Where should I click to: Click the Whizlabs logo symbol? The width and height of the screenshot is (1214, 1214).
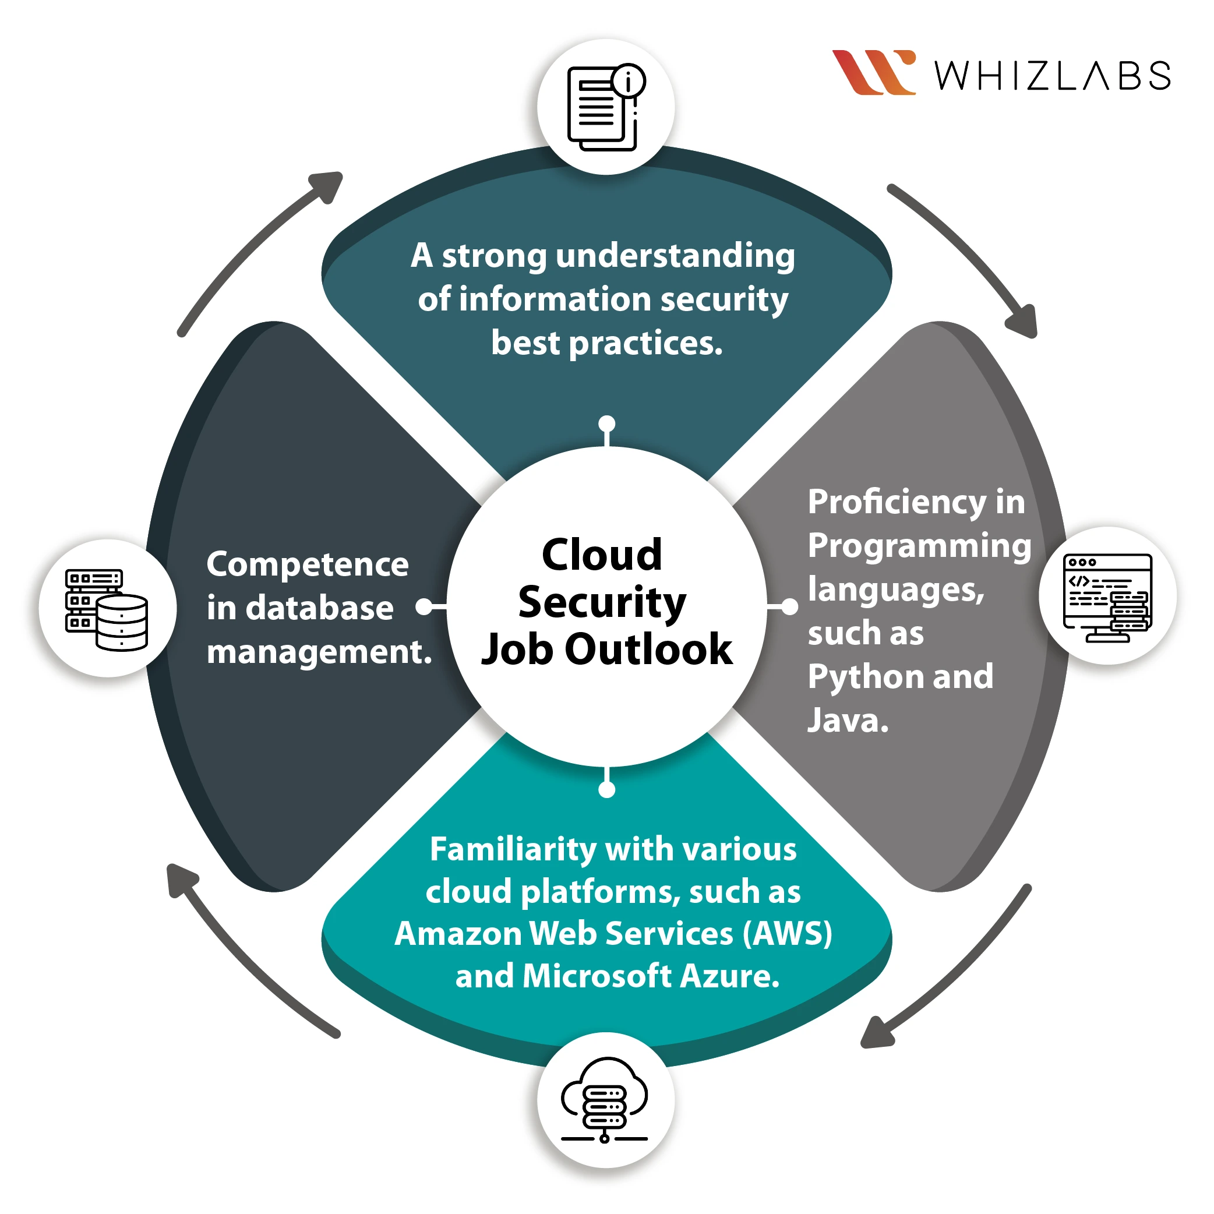[x=873, y=72]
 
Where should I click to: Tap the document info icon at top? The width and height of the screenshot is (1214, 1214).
[x=606, y=107]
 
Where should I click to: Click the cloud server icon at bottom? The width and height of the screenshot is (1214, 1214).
[x=605, y=1101]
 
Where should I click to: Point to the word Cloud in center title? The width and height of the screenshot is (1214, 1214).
[x=602, y=556]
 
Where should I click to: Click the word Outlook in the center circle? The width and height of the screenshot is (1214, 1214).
[x=648, y=649]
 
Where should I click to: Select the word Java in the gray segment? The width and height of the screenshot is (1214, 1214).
[x=847, y=720]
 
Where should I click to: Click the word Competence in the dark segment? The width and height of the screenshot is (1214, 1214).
[x=307, y=564]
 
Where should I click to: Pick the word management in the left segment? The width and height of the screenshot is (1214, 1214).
[x=319, y=652]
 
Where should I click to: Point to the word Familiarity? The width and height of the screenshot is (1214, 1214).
[x=513, y=849]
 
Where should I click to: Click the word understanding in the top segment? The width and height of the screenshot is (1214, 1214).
[x=676, y=256]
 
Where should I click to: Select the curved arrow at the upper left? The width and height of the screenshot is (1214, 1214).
[x=257, y=251]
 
